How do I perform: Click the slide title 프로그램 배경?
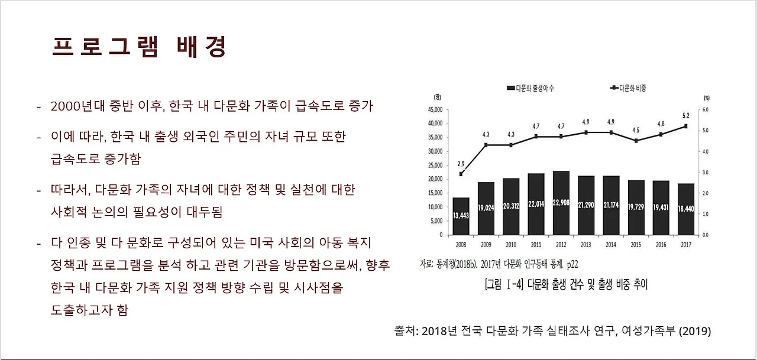(139, 47)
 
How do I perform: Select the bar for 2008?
(461, 215)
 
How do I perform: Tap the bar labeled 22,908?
(561, 203)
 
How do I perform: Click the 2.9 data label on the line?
(461, 164)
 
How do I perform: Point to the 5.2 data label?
(685, 116)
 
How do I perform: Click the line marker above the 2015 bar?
(636, 141)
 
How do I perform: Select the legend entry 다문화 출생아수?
(529, 88)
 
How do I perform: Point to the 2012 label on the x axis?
(561, 244)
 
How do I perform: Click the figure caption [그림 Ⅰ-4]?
(565, 284)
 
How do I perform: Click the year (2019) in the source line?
(695, 331)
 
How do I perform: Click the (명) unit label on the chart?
(437, 96)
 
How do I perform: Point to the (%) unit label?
(706, 98)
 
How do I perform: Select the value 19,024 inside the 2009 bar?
(486, 208)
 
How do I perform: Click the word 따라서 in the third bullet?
(72, 190)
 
